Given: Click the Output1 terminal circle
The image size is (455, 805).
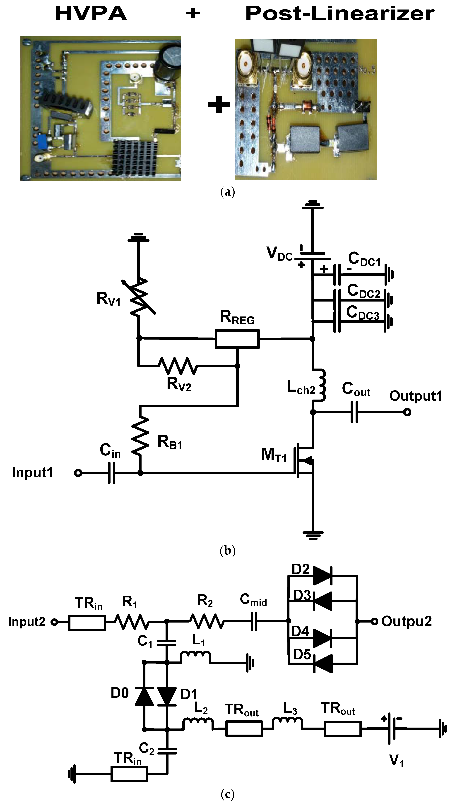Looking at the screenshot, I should [407, 412].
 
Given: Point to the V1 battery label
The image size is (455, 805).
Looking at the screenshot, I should [396, 760].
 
